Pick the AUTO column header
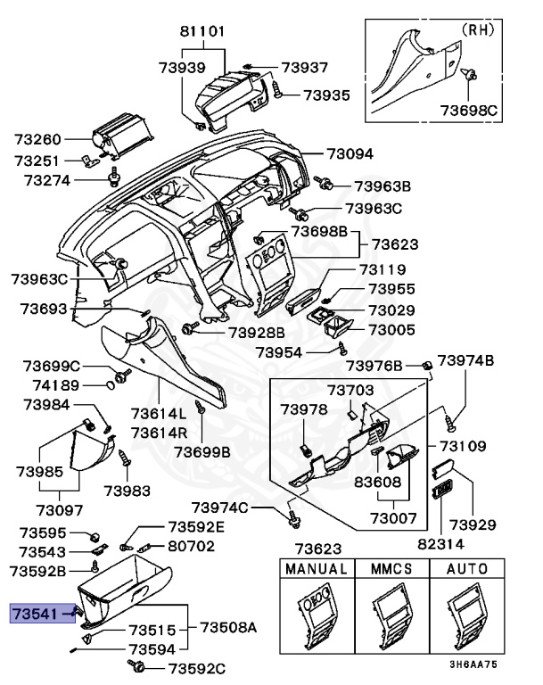(466, 568)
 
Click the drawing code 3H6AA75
(472, 664)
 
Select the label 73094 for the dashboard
(350, 153)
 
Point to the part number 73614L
(158, 414)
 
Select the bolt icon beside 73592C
(137, 666)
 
